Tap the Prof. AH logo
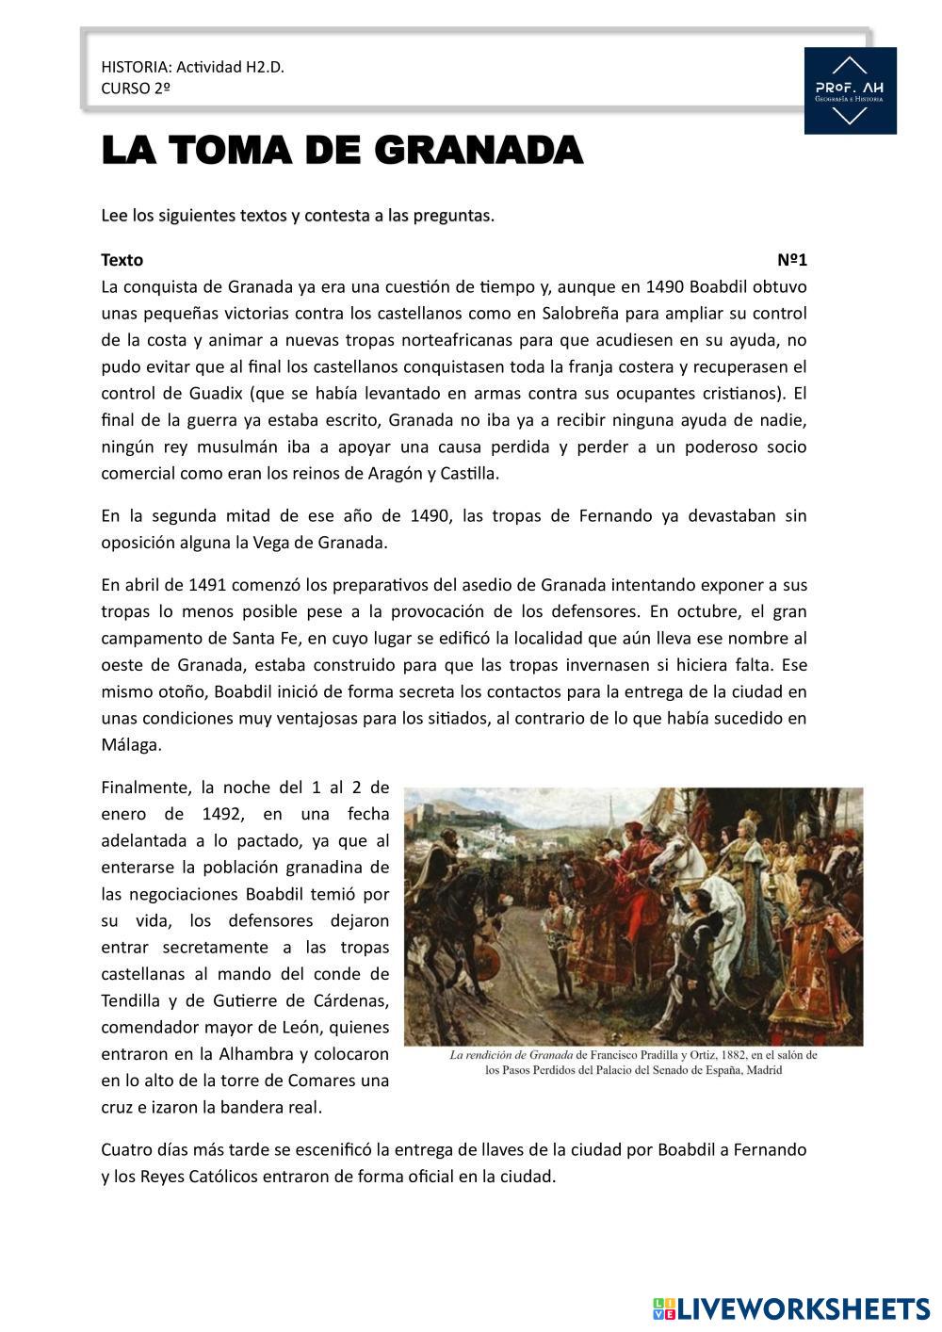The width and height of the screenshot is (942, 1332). pyautogui.click(x=850, y=91)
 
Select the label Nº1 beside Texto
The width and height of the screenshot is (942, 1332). pyautogui.click(x=792, y=260)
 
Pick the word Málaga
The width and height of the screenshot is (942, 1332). pyautogui.click(x=131, y=744)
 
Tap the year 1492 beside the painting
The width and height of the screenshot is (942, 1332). pyautogui.click(x=224, y=814)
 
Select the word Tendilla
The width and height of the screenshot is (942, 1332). pyautogui.click(x=134, y=999)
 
